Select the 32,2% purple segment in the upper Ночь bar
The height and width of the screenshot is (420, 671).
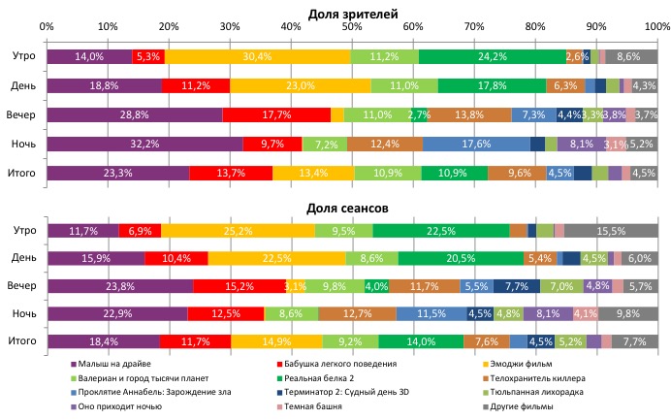(144, 144)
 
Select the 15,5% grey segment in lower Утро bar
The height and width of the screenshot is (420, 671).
(610, 230)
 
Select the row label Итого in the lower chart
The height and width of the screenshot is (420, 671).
(23, 341)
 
